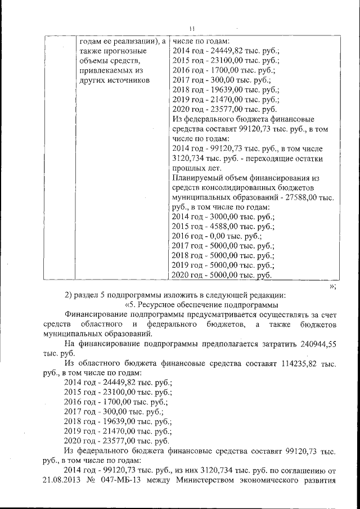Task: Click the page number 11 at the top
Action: click(191, 28)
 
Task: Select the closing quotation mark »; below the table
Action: click(332, 286)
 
